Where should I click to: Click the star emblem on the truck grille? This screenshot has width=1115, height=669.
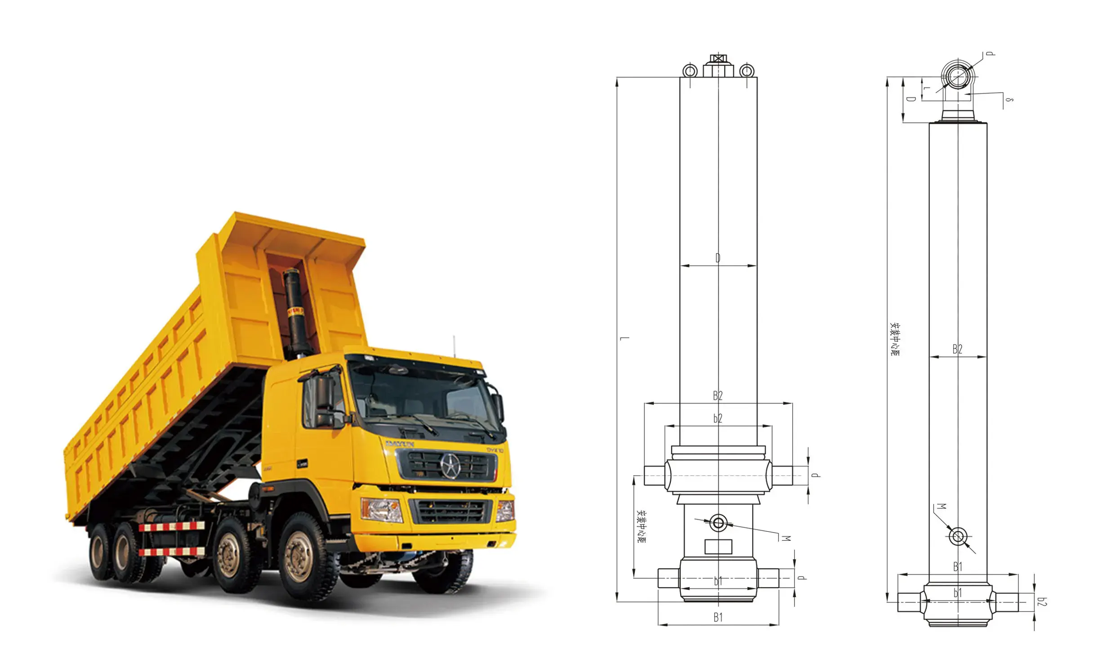450,467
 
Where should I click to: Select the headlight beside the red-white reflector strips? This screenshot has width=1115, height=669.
382,510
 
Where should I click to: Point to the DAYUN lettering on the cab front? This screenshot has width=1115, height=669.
400,444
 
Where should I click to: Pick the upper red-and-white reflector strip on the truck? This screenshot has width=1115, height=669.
172,526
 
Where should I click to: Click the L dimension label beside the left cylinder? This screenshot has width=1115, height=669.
624,338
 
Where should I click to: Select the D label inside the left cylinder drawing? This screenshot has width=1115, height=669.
718,258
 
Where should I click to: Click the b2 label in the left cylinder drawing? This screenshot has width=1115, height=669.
718,418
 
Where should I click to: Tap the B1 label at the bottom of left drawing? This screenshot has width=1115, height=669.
718,618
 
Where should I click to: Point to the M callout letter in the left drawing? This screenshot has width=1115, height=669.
786,538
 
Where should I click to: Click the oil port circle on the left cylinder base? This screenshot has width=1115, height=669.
718,523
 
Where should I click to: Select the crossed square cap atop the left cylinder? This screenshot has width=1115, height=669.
718,58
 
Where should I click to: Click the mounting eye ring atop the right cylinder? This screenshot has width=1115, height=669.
957,76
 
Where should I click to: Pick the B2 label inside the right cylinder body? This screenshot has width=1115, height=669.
957,349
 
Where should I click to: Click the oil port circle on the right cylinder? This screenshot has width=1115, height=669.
957,537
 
